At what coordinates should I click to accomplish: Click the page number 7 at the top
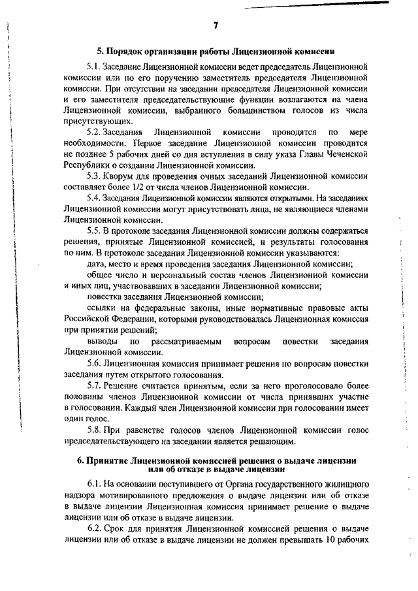click(x=216, y=25)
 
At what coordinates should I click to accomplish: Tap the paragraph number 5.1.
click(x=94, y=67)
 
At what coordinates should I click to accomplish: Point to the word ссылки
click(x=101, y=307)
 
